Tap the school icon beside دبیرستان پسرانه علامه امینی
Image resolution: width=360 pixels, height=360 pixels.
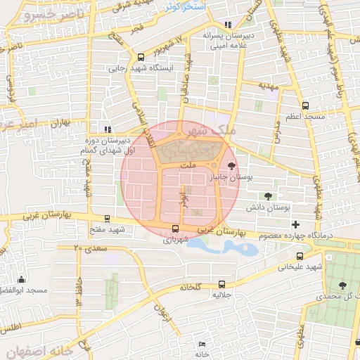pos(226,25)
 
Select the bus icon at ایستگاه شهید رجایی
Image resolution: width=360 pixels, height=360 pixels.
pos(141,57)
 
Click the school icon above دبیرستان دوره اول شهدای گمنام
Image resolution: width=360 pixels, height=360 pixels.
pos(107,129)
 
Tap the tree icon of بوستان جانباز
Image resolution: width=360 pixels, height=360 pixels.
pos(231,167)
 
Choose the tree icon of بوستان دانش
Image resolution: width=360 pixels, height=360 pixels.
pos(266,196)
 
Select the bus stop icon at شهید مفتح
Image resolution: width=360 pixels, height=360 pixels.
pos(107,219)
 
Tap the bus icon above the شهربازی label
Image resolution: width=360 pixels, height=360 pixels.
pos(175,228)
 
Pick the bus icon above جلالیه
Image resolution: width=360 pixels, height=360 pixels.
pos(222,284)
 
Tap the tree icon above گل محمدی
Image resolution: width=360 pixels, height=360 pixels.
pos(342,285)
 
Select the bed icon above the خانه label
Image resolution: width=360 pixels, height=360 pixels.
pos(202,344)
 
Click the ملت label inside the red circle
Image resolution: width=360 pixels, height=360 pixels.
pos(187,164)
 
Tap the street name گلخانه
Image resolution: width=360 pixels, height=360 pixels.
pos(191,287)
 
